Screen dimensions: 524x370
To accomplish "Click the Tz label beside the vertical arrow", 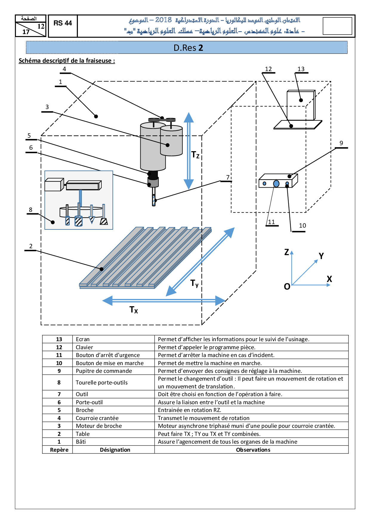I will tap(195, 155).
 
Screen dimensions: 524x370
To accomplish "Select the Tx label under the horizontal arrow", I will tap(134, 310).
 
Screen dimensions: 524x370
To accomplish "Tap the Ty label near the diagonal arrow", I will tap(195, 283).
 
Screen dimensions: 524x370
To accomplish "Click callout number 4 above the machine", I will tap(64, 69).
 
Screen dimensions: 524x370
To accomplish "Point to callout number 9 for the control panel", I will tap(341, 143).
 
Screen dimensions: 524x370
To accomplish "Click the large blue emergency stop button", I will tap(276, 183).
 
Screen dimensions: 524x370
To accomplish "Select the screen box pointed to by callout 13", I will tap(300, 105).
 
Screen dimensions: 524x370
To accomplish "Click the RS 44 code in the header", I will tap(63, 23).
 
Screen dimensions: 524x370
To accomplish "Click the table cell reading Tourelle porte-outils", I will tap(102, 383).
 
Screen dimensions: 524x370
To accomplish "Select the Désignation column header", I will tap(115, 450).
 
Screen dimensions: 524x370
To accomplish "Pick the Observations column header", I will tap(253, 450).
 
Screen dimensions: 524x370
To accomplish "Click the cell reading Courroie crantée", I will tap(97, 418).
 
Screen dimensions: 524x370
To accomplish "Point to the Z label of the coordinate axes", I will tap(286, 252).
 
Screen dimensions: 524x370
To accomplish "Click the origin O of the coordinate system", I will tap(287, 287).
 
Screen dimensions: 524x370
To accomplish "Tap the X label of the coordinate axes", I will tap(329, 279).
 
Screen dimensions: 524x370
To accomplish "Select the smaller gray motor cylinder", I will tap(171, 141).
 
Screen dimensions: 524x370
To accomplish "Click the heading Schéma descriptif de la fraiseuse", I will tap(67, 61).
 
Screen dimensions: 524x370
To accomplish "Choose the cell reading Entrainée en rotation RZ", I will tap(189, 410).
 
